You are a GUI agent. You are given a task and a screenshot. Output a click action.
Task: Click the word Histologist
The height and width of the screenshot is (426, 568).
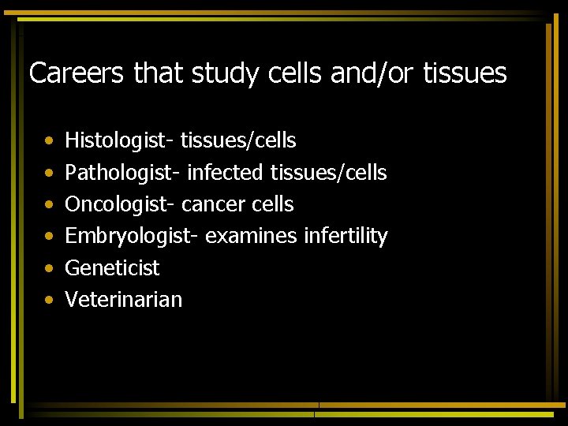tap(119, 141)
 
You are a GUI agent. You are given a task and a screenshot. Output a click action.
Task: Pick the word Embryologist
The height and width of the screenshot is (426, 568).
tap(131, 236)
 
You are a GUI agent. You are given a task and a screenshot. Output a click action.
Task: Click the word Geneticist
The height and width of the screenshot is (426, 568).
tap(112, 267)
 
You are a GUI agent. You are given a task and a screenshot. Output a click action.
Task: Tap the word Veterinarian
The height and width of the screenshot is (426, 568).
tap(123, 299)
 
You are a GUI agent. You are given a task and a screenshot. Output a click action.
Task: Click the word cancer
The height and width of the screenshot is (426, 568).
tap(213, 204)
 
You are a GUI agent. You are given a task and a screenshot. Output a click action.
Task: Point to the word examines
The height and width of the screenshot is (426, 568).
tap(251, 236)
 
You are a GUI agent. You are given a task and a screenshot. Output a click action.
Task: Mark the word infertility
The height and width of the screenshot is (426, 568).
tap(346, 236)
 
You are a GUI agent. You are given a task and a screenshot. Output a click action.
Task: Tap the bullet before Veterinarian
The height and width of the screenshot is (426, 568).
tap(49, 300)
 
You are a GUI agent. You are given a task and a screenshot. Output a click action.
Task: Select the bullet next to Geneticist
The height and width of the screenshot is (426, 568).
tap(49, 268)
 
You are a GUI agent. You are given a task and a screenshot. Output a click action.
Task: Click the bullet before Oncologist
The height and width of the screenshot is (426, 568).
tap(49, 205)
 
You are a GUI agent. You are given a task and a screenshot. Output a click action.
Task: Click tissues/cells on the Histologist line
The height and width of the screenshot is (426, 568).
tap(238, 141)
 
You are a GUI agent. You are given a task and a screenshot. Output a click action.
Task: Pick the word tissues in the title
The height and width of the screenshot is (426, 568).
tap(465, 73)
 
